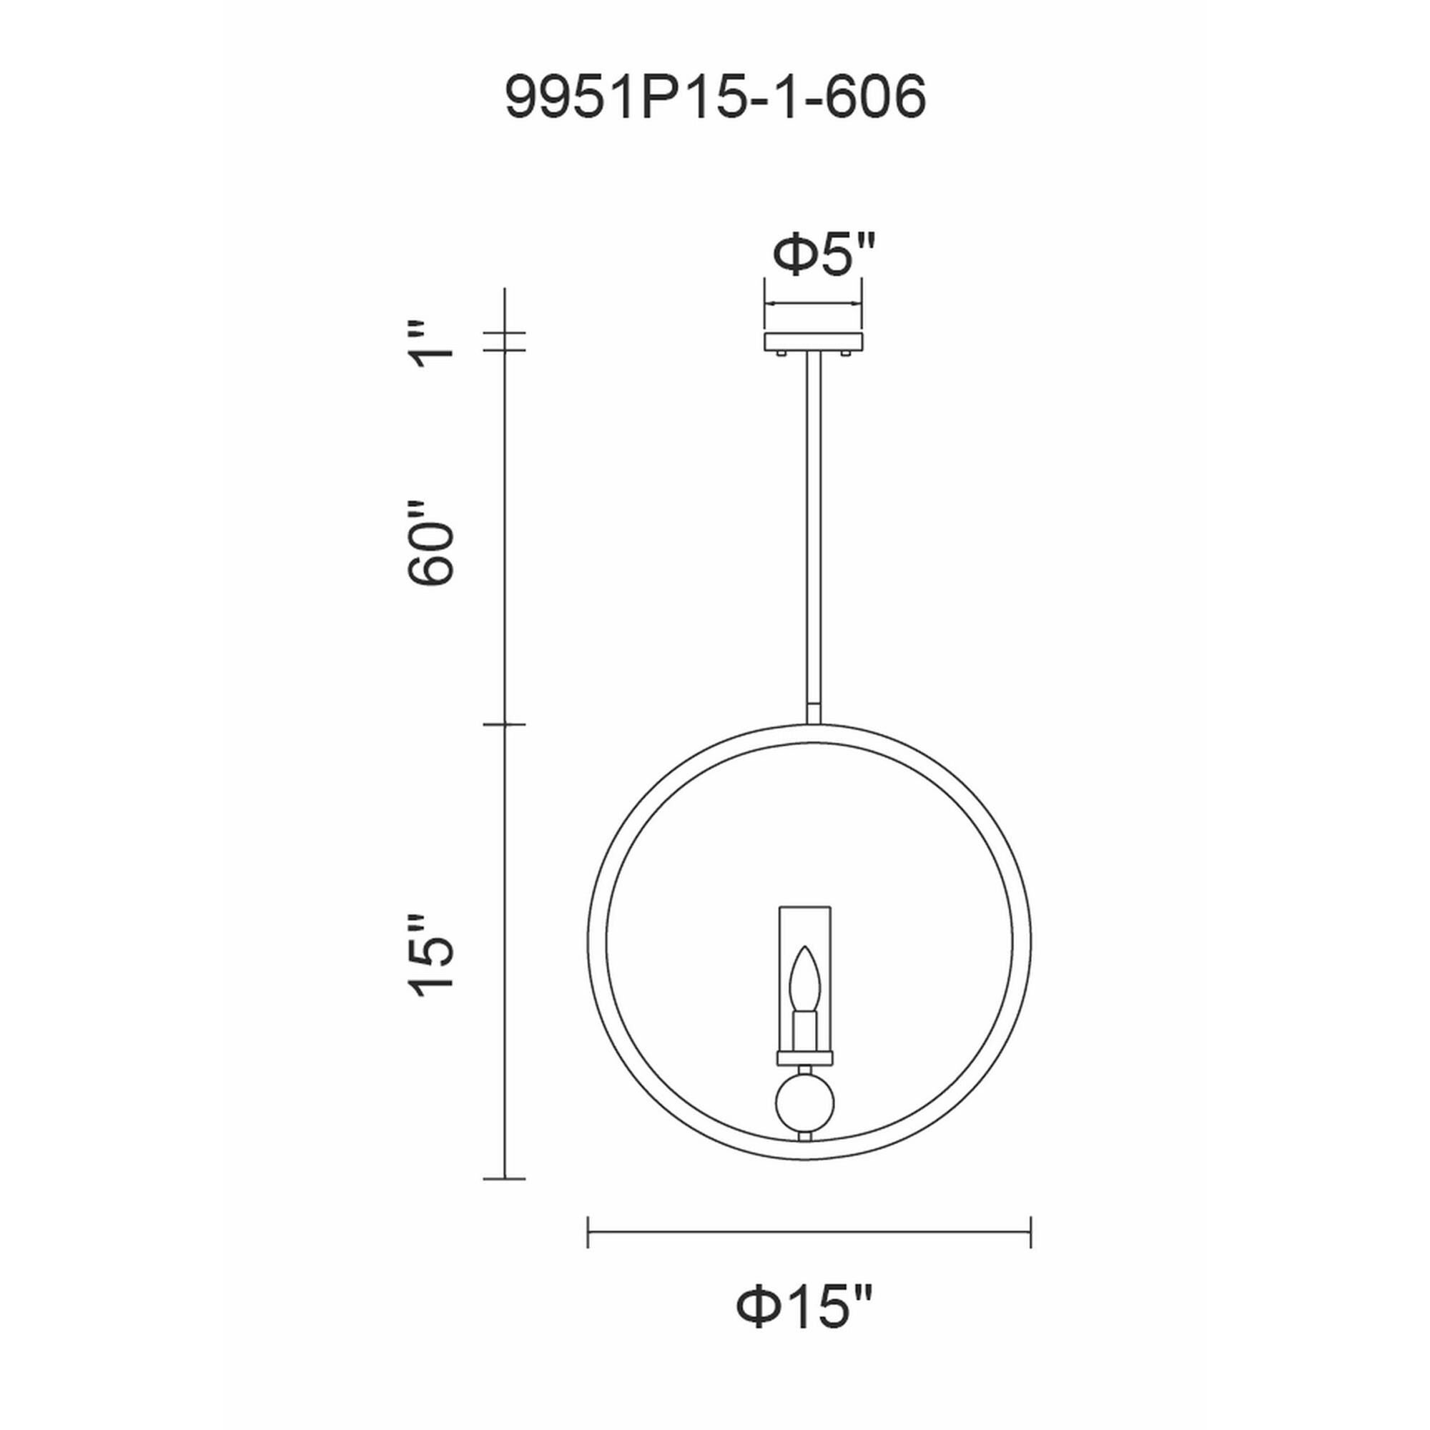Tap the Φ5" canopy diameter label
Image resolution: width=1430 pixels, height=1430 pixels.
coord(824,255)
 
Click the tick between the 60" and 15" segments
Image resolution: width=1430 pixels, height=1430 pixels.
coord(504,724)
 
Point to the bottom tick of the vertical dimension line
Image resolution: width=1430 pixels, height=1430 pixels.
coord(504,1178)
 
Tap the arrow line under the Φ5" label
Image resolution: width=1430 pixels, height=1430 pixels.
coord(814,303)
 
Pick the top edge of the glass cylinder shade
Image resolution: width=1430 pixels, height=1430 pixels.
coord(804,906)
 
